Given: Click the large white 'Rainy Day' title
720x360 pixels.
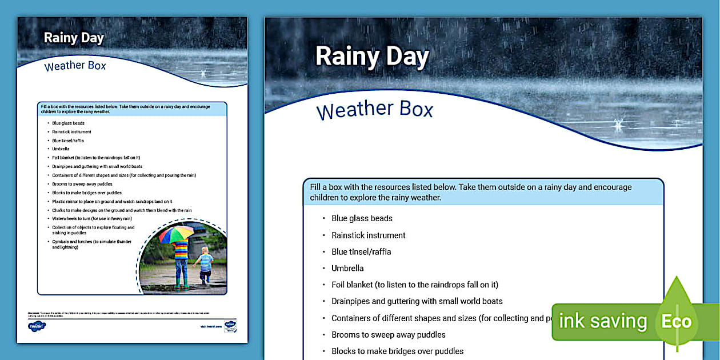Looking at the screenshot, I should (x=372, y=57).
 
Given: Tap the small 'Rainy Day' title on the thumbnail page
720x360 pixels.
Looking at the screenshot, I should (x=74, y=38).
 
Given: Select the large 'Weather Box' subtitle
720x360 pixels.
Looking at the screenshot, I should (x=375, y=109).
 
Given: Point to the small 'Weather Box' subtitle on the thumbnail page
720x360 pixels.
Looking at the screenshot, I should (x=75, y=66).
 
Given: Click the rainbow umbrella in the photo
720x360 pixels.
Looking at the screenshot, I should (x=176, y=234).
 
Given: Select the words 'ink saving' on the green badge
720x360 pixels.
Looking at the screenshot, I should (x=602, y=321).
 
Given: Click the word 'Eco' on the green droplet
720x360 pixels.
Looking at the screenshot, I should (x=676, y=321).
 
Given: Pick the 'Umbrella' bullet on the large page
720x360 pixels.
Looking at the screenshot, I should (x=347, y=268).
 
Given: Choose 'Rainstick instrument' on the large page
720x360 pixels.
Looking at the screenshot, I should (x=368, y=235).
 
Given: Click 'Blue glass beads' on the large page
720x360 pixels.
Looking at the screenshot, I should (x=362, y=218).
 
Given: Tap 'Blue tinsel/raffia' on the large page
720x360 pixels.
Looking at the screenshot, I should (x=361, y=251).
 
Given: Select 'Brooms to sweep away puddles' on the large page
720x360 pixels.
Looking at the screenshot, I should (x=388, y=334).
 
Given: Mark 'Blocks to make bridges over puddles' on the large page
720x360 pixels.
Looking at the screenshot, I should (x=397, y=351).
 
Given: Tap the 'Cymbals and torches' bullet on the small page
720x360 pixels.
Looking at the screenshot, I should (x=91, y=244).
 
